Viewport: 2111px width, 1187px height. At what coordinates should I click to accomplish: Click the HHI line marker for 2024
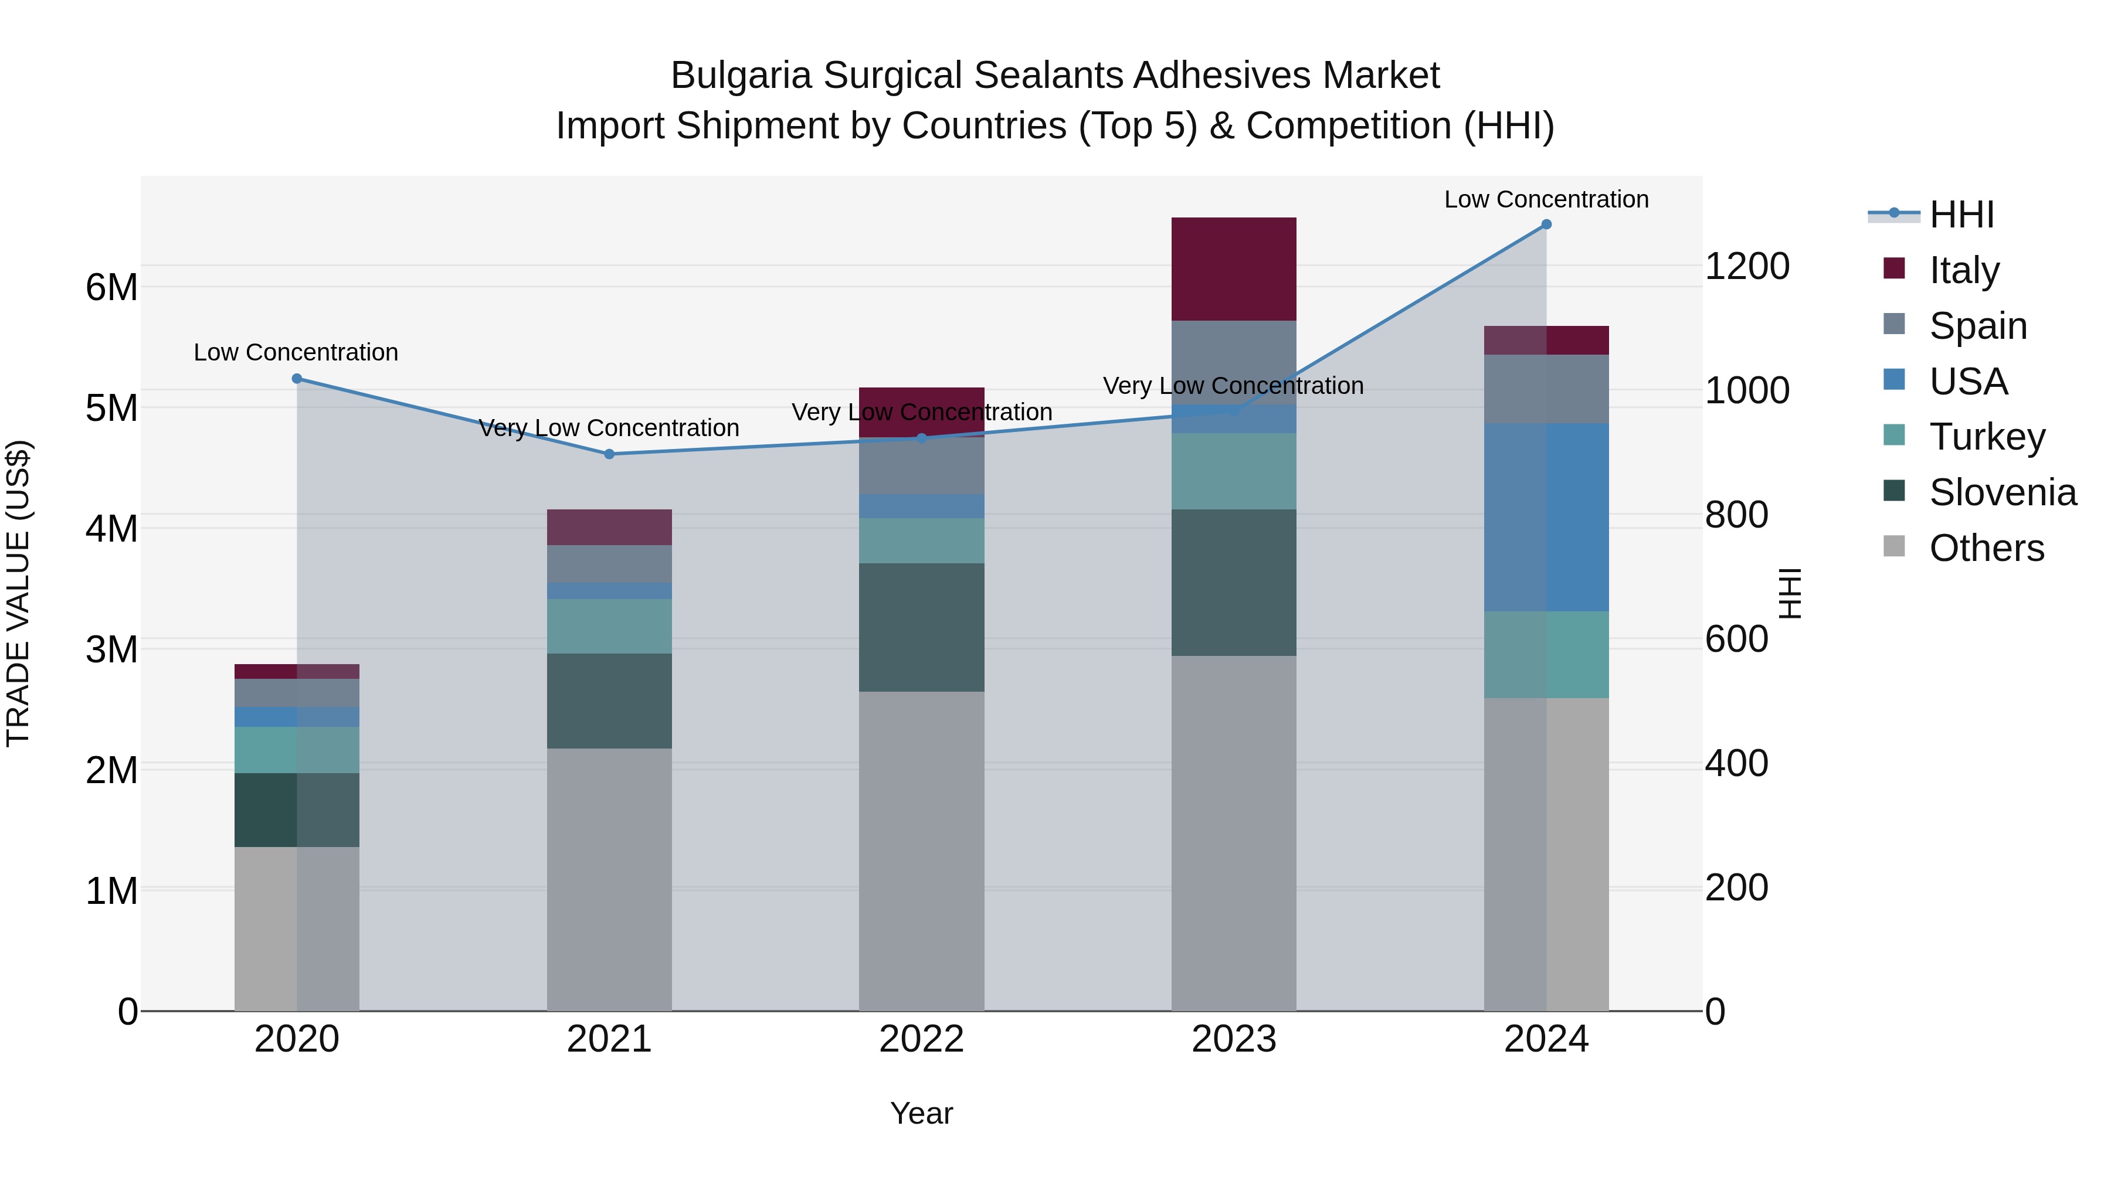click(1546, 225)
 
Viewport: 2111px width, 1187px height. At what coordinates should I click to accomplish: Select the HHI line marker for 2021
click(609, 454)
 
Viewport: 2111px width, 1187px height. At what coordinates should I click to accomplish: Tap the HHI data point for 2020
click(297, 379)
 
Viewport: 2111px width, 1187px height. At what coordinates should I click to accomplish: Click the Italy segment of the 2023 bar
click(1233, 268)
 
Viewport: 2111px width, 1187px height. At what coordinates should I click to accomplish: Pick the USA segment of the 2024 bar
click(1546, 517)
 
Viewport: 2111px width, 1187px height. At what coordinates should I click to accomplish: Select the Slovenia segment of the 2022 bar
click(921, 627)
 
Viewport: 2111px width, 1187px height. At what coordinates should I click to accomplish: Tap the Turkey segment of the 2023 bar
click(1233, 471)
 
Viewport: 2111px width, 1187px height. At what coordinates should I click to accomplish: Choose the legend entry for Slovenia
click(2002, 492)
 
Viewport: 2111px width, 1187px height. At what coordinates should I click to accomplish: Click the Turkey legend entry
click(1987, 437)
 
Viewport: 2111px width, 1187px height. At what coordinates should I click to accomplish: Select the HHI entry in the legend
click(1961, 215)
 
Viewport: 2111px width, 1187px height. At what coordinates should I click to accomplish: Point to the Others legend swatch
click(1894, 546)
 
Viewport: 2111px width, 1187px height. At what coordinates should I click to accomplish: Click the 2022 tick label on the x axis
click(921, 1039)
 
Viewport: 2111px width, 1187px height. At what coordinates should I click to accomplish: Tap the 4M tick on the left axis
click(111, 528)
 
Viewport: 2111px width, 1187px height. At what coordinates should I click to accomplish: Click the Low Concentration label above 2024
click(1546, 199)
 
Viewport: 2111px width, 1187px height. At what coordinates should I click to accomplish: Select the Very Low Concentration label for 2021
click(609, 428)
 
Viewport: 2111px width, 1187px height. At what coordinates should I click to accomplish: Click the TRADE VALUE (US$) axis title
click(18, 593)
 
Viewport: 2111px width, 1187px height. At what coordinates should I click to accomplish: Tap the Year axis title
click(921, 1113)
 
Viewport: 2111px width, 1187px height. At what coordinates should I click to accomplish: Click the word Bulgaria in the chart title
click(741, 76)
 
